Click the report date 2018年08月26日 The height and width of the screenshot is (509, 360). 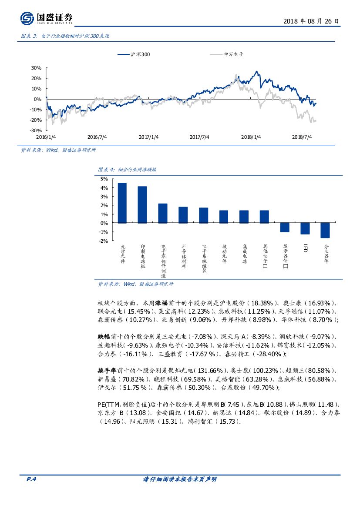tap(311, 21)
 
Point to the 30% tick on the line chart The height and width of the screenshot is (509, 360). tap(36, 68)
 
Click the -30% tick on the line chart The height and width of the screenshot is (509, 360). tap(36, 131)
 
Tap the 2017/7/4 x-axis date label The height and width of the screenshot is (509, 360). tap(199, 137)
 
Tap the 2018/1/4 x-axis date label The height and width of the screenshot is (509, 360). tap(251, 137)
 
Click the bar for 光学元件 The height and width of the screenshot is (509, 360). tap(122, 203)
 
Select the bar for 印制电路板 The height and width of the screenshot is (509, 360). tap(142, 204)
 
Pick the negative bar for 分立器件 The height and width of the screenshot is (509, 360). tap(325, 230)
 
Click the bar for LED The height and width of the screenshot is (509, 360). tap(305, 228)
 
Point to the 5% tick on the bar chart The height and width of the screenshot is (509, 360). tap(104, 179)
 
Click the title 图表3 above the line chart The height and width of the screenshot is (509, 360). tap(66, 37)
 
